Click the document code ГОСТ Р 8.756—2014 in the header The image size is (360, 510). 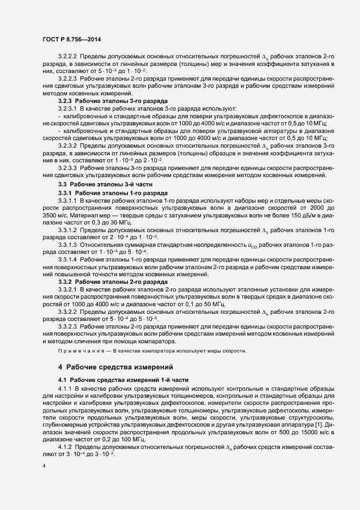[x=71, y=39]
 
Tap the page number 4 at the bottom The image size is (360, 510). [x=44, y=466]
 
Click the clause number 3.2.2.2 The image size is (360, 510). [x=68, y=57]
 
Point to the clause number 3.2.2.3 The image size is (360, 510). [x=68, y=79]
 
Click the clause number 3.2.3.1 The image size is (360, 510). [x=68, y=109]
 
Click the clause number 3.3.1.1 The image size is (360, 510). [x=68, y=201]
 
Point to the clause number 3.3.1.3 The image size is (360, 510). [x=68, y=246]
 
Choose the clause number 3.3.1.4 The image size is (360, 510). [x=68, y=260]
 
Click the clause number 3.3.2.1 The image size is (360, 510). [x=68, y=290]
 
